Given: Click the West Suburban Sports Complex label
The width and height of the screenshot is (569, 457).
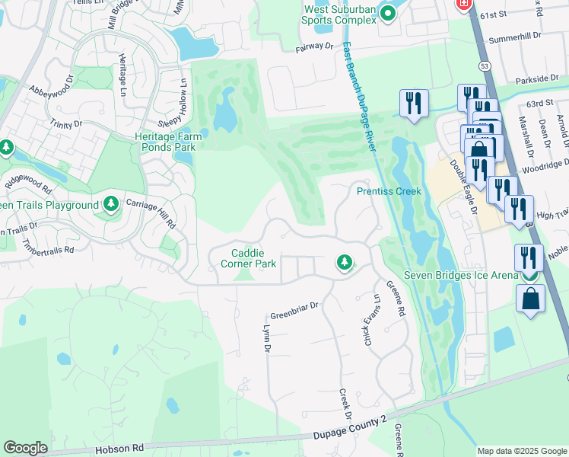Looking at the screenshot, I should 340,14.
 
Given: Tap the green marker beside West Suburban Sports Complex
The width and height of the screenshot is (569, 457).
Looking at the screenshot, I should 389,12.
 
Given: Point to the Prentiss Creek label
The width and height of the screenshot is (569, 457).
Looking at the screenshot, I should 389,190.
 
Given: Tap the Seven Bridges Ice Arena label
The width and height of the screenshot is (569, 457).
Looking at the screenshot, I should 461,275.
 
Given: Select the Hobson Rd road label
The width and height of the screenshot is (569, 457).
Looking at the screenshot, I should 119,450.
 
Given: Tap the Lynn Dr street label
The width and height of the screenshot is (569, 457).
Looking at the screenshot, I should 266,339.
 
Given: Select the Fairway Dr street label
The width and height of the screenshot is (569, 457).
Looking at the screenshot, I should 314,47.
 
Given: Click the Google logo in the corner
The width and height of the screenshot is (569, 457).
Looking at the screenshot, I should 26,448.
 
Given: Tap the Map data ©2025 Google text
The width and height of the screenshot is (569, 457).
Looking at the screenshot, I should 521,451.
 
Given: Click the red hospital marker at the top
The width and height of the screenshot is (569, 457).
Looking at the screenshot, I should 463,5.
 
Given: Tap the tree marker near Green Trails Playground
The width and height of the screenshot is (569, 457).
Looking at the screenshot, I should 111,203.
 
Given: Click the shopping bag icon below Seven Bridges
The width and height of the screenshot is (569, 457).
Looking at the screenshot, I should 530,299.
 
